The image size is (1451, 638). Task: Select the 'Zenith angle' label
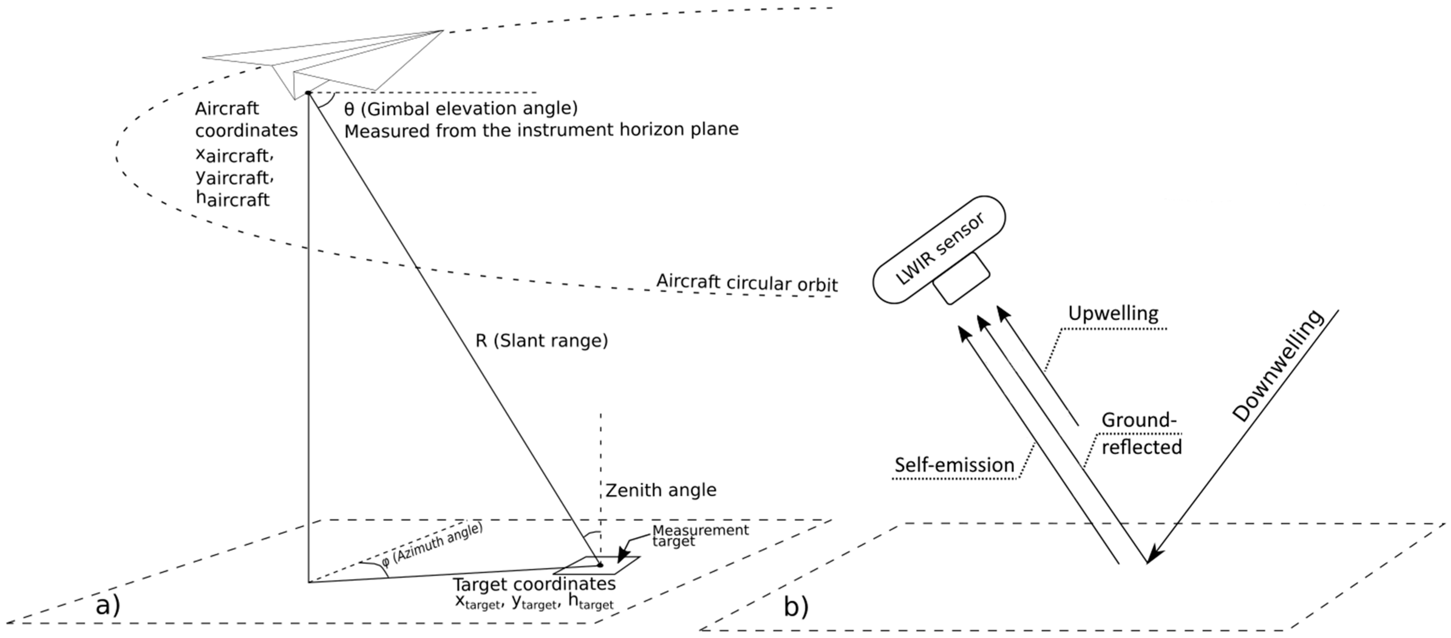click(661, 490)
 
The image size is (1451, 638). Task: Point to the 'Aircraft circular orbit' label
click(747, 282)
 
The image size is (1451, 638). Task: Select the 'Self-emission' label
click(954, 465)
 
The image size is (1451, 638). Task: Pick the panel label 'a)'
click(108, 606)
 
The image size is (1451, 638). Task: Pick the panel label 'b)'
click(796, 606)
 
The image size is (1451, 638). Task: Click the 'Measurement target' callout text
click(700, 535)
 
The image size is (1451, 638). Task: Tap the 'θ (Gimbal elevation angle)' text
click(461, 108)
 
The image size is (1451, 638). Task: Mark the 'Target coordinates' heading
click(534, 584)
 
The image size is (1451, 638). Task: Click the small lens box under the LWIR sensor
click(961, 278)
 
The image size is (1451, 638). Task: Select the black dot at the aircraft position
click(308, 93)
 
